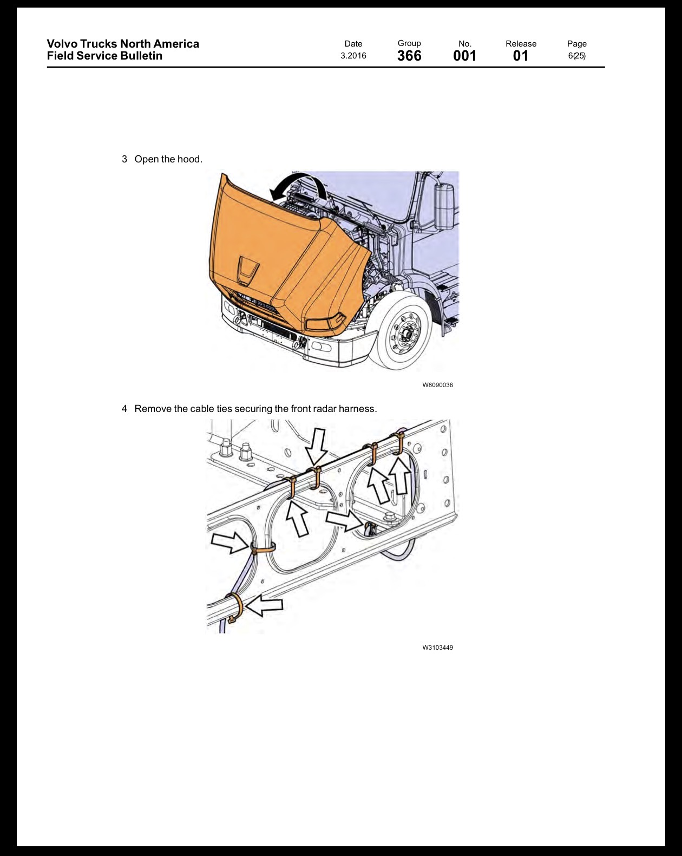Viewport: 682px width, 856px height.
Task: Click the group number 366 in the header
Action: pos(409,56)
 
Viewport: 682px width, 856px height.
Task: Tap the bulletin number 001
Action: pos(464,56)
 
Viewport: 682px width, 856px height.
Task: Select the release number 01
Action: pos(521,56)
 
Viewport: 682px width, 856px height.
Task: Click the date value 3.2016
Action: pos(353,56)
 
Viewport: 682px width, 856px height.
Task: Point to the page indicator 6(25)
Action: pos(576,56)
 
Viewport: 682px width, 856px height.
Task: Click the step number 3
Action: pos(124,159)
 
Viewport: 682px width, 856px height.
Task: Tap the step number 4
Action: pos(124,409)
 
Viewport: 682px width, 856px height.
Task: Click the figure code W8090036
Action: pos(437,385)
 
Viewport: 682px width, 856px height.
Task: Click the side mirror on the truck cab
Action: pos(444,206)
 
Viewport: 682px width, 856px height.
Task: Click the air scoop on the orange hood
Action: pos(248,271)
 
